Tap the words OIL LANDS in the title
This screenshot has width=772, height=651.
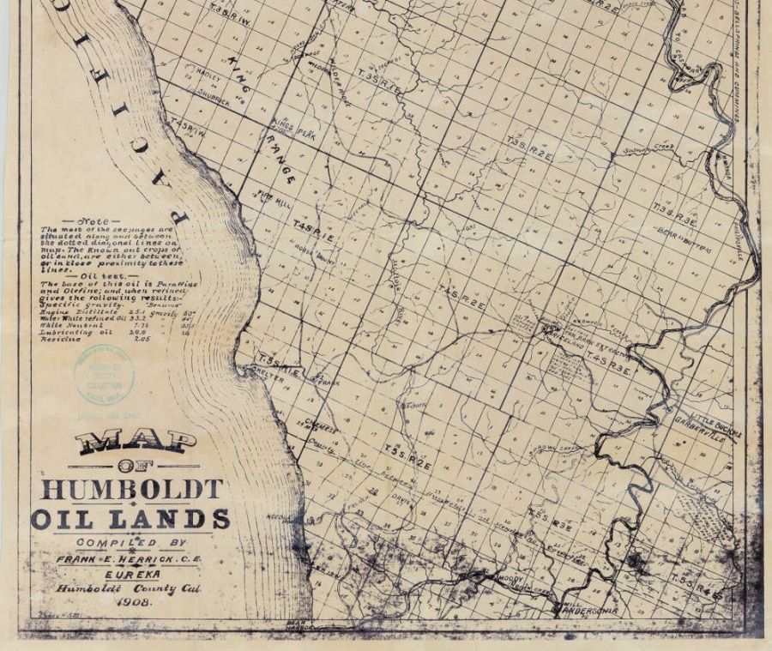[x=130, y=519]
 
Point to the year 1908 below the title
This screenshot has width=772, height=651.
[x=130, y=602]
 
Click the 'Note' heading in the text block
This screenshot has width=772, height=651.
[x=93, y=221]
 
